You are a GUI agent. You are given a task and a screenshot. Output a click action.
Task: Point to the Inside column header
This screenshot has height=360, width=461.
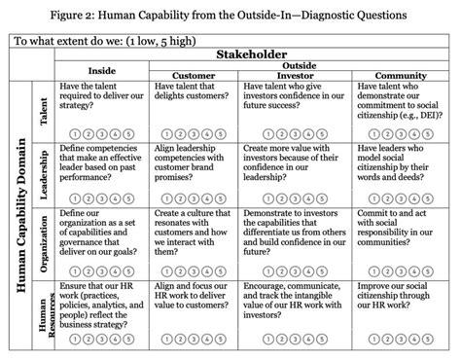[x=101, y=70]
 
